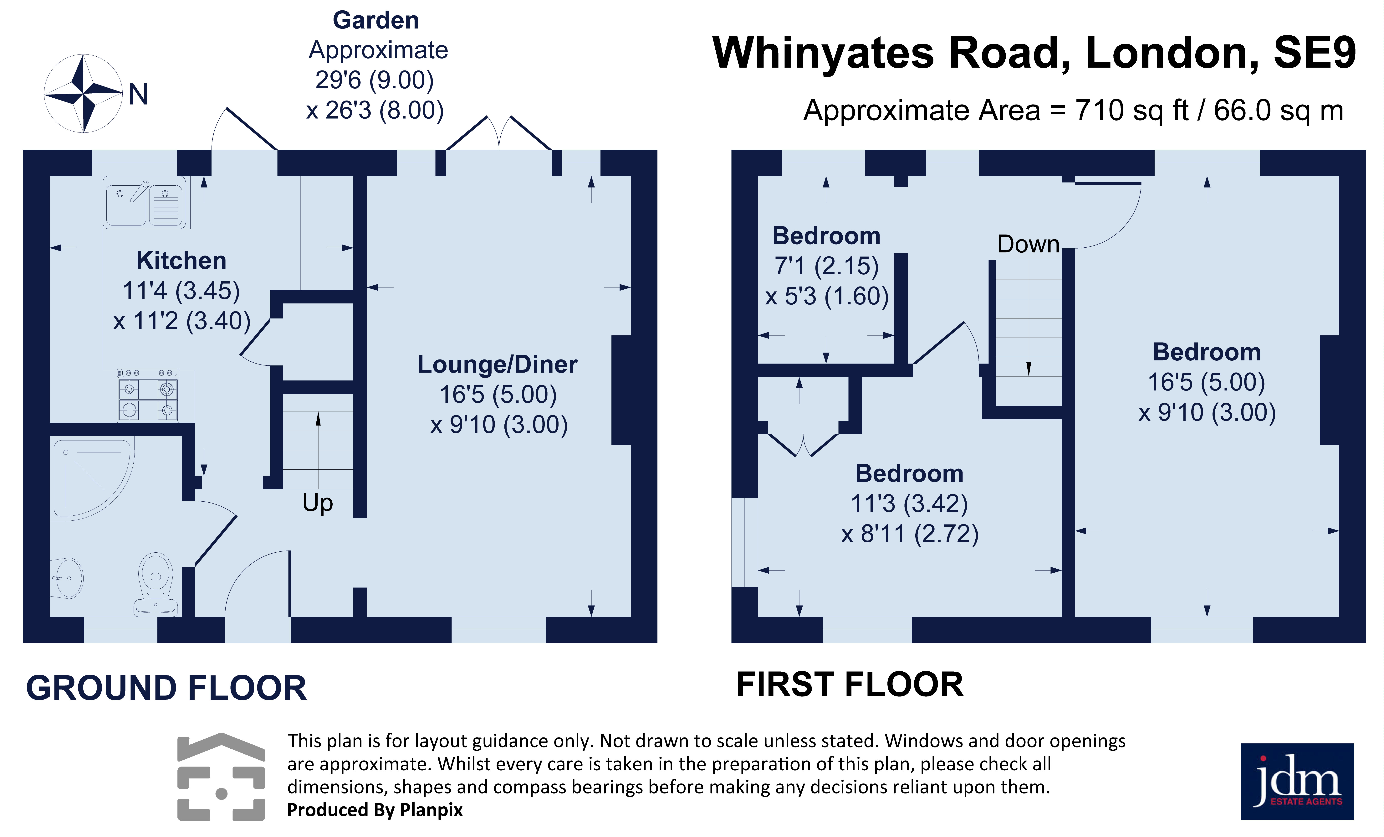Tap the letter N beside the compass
[x=138, y=94]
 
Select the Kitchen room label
[x=181, y=261]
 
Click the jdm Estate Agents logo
[x=1297, y=781]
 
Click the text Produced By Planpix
[x=375, y=810]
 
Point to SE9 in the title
[x=1314, y=53]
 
